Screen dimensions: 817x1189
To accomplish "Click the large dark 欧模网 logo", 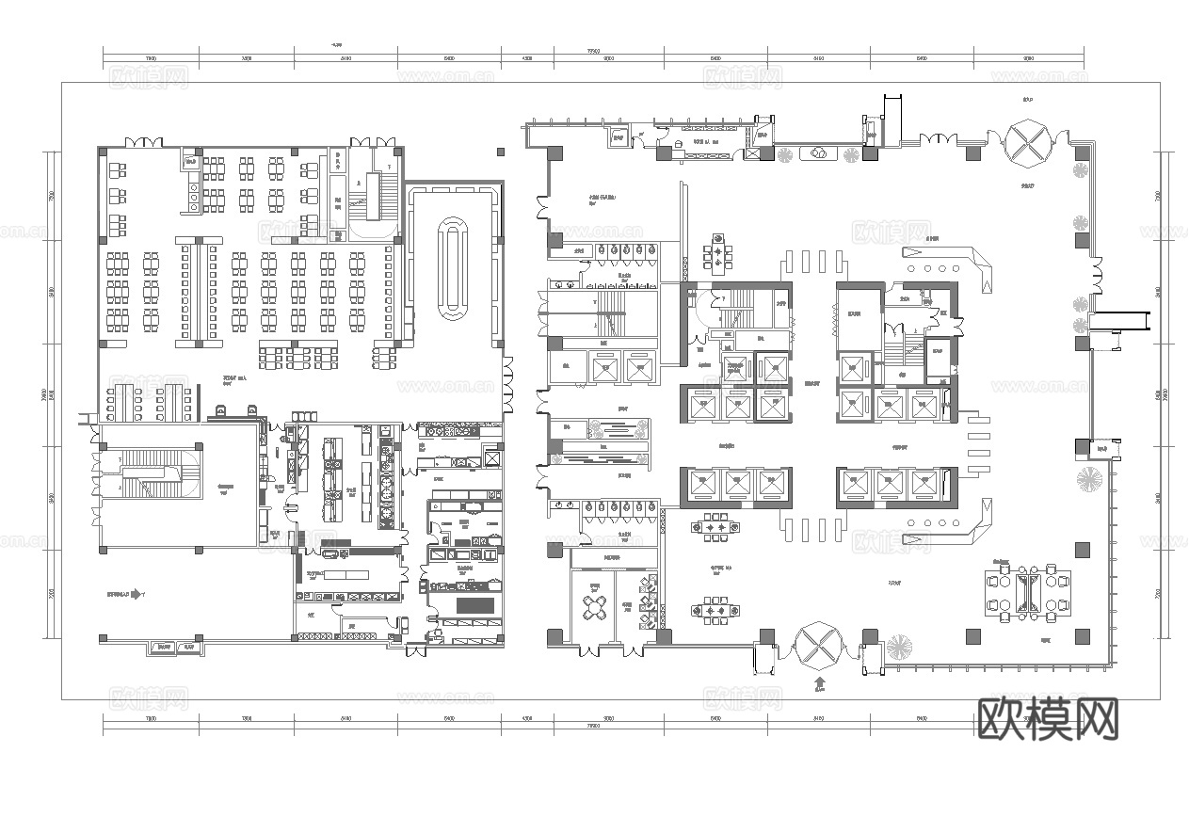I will pos(1048,720).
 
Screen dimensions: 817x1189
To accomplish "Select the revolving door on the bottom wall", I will pos(817,649).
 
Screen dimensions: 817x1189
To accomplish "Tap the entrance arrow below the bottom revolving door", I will pos(819,682).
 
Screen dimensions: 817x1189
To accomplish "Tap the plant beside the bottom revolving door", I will pos(898,648).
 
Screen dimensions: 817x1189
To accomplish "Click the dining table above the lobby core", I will pos(720,253).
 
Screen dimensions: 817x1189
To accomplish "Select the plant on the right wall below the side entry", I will pos(1091,478).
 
